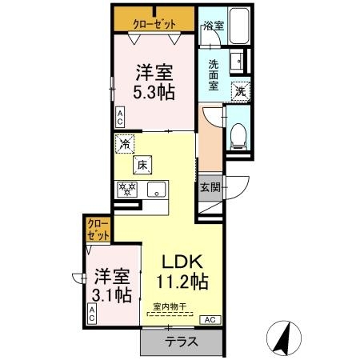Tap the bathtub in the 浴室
tap(239, 26)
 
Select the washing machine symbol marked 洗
tap(241, 91)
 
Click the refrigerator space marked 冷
tap(125, 144)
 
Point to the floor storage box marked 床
tap(142, 165)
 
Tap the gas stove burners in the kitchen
tap(127, 189)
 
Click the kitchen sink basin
tap(156, 190)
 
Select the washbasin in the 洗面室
tap(237, 61)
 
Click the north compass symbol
tap(284, 338)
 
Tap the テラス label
tap(182, 342)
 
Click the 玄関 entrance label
tap(210, 188)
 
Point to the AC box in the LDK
tap(210, 320)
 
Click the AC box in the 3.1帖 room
tap(92, 314)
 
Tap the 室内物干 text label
tap(170, 306)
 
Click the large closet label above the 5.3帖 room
tap(154, 24)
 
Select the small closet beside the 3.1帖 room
tap(98, 230)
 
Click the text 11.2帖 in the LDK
tap(182, 282)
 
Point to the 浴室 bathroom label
tap(214, 26)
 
